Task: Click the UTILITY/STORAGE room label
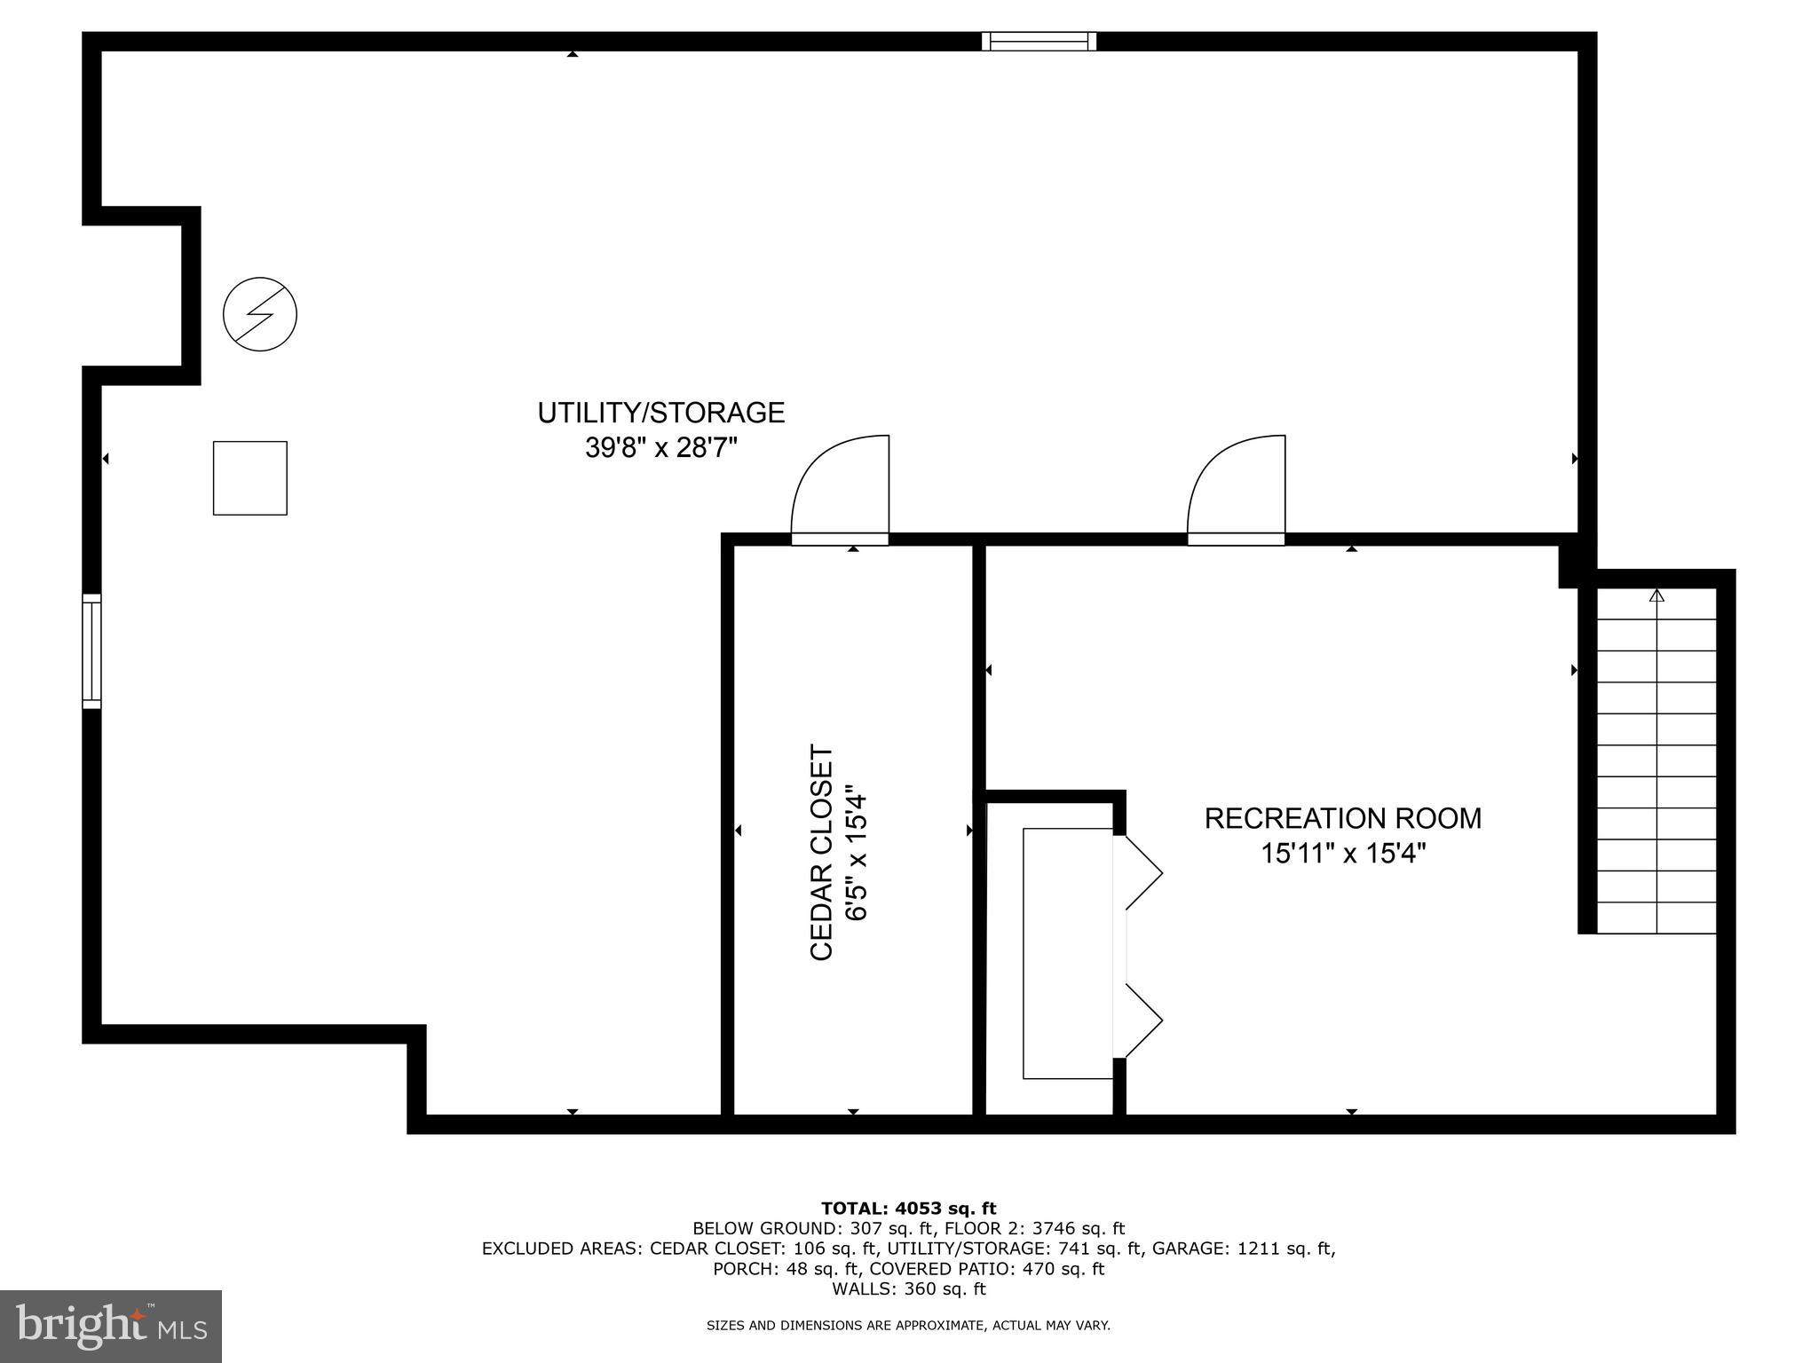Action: click(661, 414)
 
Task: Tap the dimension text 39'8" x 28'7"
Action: click(661, 448)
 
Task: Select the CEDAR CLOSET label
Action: click(822, 852)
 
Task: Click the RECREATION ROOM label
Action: click(1342, 818)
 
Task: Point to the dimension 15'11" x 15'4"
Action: click(1342, 854)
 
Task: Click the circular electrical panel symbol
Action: click(259, 314)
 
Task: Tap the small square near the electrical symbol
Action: click(249, 478)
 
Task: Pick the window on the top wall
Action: click(1039, 41)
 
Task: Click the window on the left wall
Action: click(91, 651)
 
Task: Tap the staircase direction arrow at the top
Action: click(1656, 596)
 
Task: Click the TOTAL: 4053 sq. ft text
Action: click(908, 1209)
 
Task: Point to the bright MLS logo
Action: click(110, 1327)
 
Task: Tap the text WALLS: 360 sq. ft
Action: click(908, 1288)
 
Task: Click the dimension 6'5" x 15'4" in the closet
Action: click(856, 852)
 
